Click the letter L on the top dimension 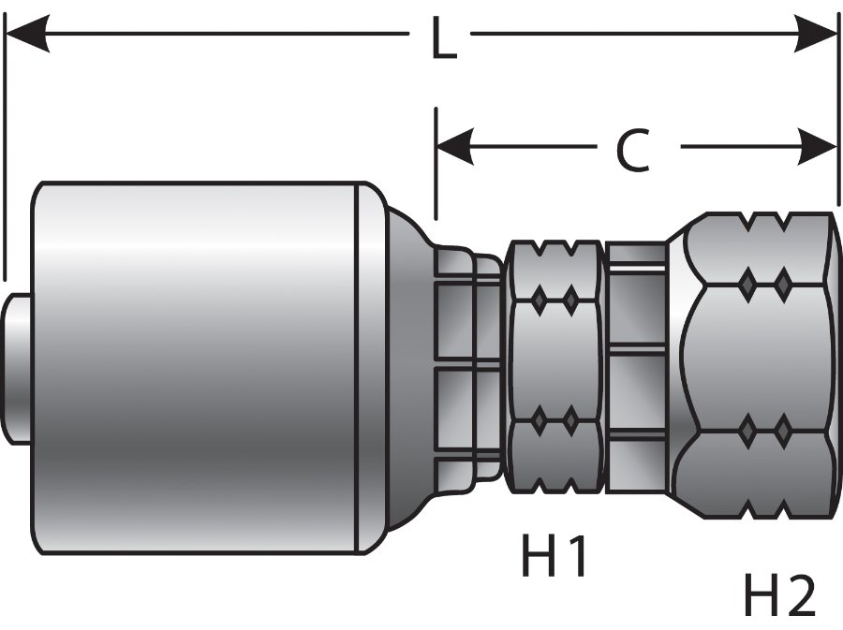pyautogui.click(x=442, y=39)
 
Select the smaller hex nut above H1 pyautogui.click(x=555, y=365)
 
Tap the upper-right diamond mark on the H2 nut pyautogui.click(x=782, y=282)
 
